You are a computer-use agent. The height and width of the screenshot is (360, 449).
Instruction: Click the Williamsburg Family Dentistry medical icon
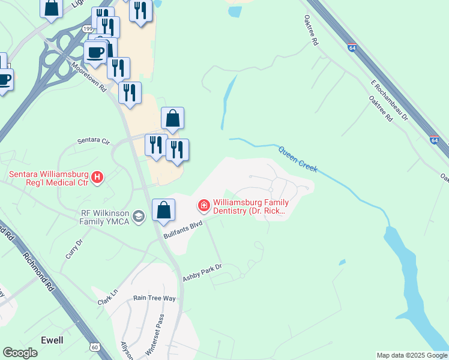coord(204,206)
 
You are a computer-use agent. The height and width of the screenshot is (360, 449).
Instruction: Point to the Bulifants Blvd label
coord(184,228)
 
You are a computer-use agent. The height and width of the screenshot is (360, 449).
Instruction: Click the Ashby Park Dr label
coord(202,272)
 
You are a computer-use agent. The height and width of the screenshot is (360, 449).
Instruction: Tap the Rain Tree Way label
coord(154,298)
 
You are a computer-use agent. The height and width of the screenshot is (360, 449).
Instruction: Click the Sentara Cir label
coord(94,141)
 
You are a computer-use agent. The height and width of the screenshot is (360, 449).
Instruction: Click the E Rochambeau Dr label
coord(389,99)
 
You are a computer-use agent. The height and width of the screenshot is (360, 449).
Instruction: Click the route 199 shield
coord(88,29)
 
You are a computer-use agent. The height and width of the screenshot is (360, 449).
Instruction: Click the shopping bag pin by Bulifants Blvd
coord(163,211)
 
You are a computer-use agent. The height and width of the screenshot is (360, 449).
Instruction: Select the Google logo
coord(20,353)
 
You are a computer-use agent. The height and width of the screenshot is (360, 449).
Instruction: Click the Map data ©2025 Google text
coord(411,355)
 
